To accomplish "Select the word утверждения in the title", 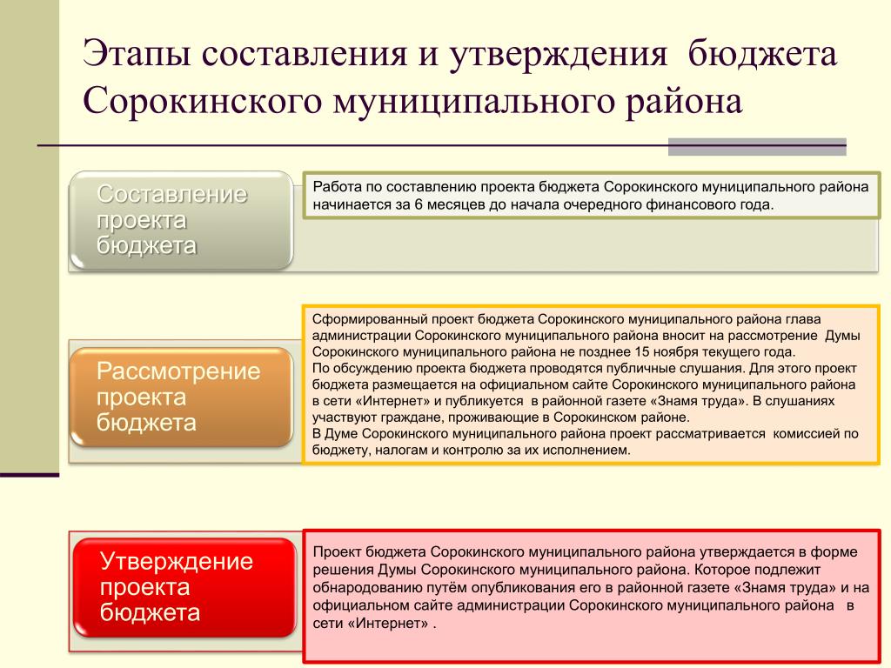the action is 558,53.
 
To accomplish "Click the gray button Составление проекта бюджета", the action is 181,220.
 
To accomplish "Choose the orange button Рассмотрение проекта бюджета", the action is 181,397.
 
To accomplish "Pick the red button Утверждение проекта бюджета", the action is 185,587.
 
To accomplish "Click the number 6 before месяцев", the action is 419,204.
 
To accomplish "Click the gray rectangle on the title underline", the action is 757,146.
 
